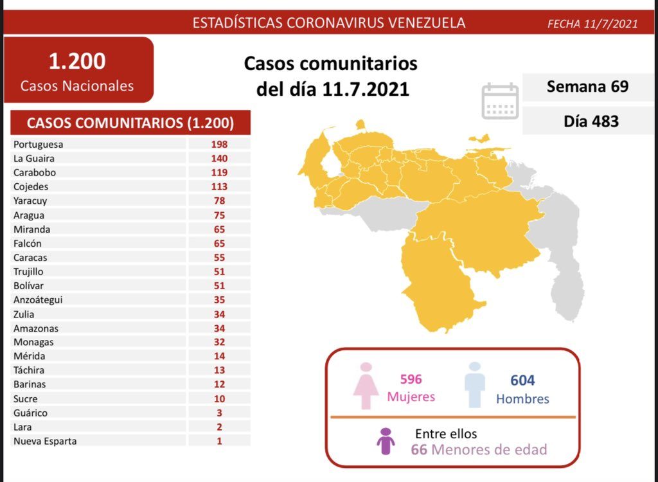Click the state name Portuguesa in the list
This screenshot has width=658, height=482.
38,145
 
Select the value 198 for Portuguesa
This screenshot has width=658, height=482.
218,145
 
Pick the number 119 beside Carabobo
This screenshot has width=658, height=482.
218,173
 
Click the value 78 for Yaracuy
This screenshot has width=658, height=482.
218,201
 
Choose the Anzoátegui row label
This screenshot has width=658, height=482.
38,300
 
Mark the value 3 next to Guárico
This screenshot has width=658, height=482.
219,413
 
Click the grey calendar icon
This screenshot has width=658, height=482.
500,101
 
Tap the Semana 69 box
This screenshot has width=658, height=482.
587,87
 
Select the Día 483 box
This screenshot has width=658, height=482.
587,120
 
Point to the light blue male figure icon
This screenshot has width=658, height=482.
475,385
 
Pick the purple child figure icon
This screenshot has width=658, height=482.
386,442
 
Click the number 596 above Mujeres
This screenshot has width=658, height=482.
411,380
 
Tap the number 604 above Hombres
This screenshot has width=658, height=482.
522,381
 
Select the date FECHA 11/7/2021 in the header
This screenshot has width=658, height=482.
592,24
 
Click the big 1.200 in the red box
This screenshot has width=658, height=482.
77,62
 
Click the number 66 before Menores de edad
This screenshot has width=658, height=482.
419,449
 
